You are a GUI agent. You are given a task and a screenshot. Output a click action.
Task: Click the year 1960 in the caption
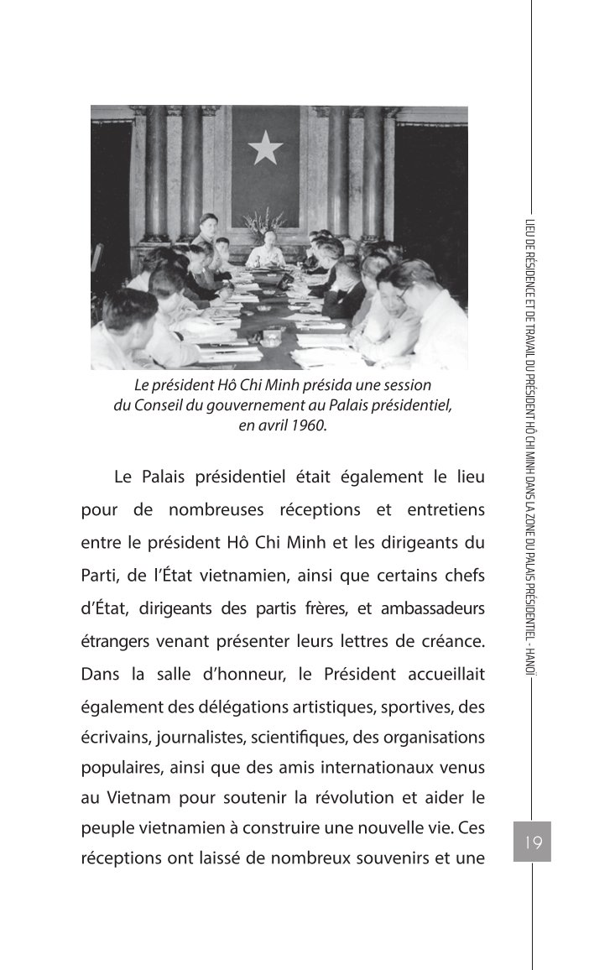[308, 425]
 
